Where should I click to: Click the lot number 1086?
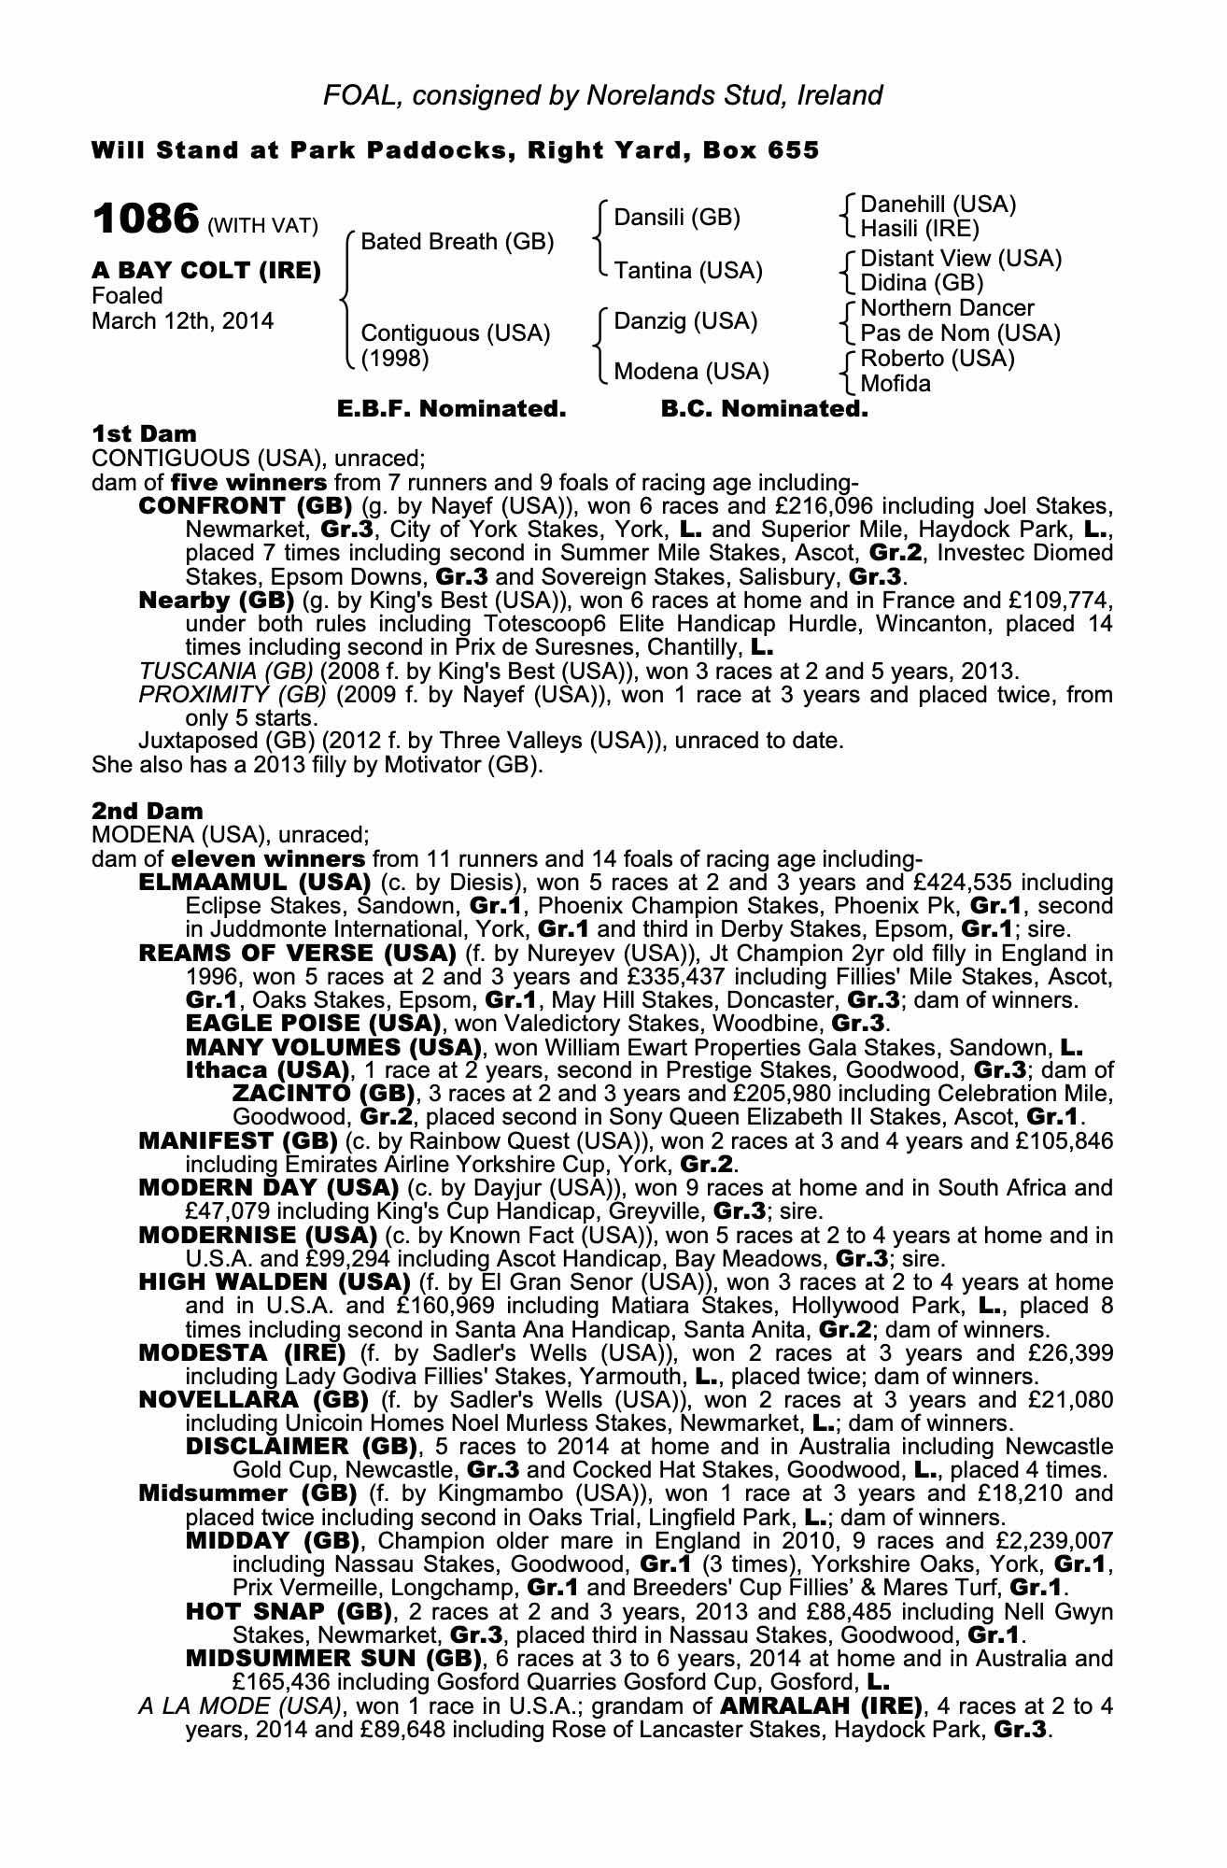point(146,220)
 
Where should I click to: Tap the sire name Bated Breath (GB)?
point(457,242)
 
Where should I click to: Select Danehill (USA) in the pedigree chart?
point(938,205)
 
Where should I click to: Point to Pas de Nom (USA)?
point(960,333)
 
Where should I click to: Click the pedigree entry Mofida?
point(896,384)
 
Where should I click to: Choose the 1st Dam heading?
point(145,434)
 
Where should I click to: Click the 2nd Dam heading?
point(148,811)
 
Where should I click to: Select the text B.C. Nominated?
point(764,409)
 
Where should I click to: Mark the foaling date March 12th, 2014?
point(183,321)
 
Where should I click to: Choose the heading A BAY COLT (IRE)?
point(206,271)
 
